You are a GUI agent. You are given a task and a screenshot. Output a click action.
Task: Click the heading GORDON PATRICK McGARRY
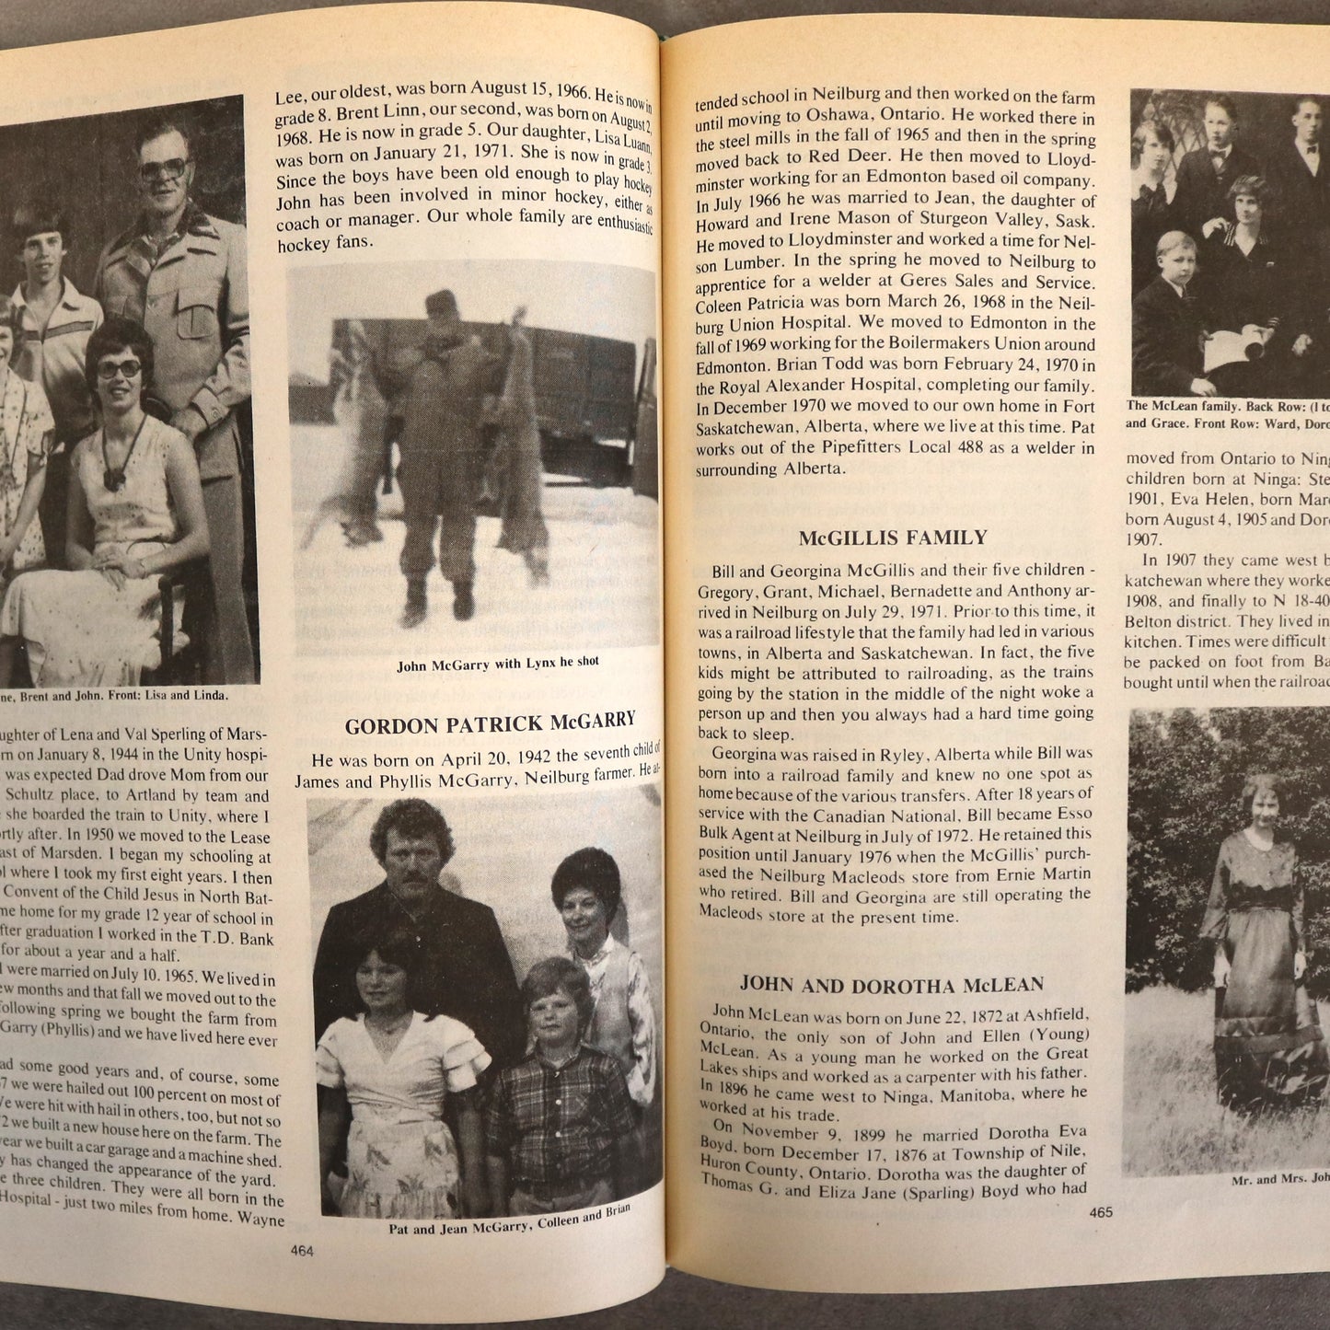coord(490,723)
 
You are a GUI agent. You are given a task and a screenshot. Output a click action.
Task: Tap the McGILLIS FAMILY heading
coord(892,538)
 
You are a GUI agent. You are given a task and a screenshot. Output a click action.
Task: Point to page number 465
coord(1101,1211)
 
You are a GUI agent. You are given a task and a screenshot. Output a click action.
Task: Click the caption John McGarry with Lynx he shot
coord(497,663)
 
